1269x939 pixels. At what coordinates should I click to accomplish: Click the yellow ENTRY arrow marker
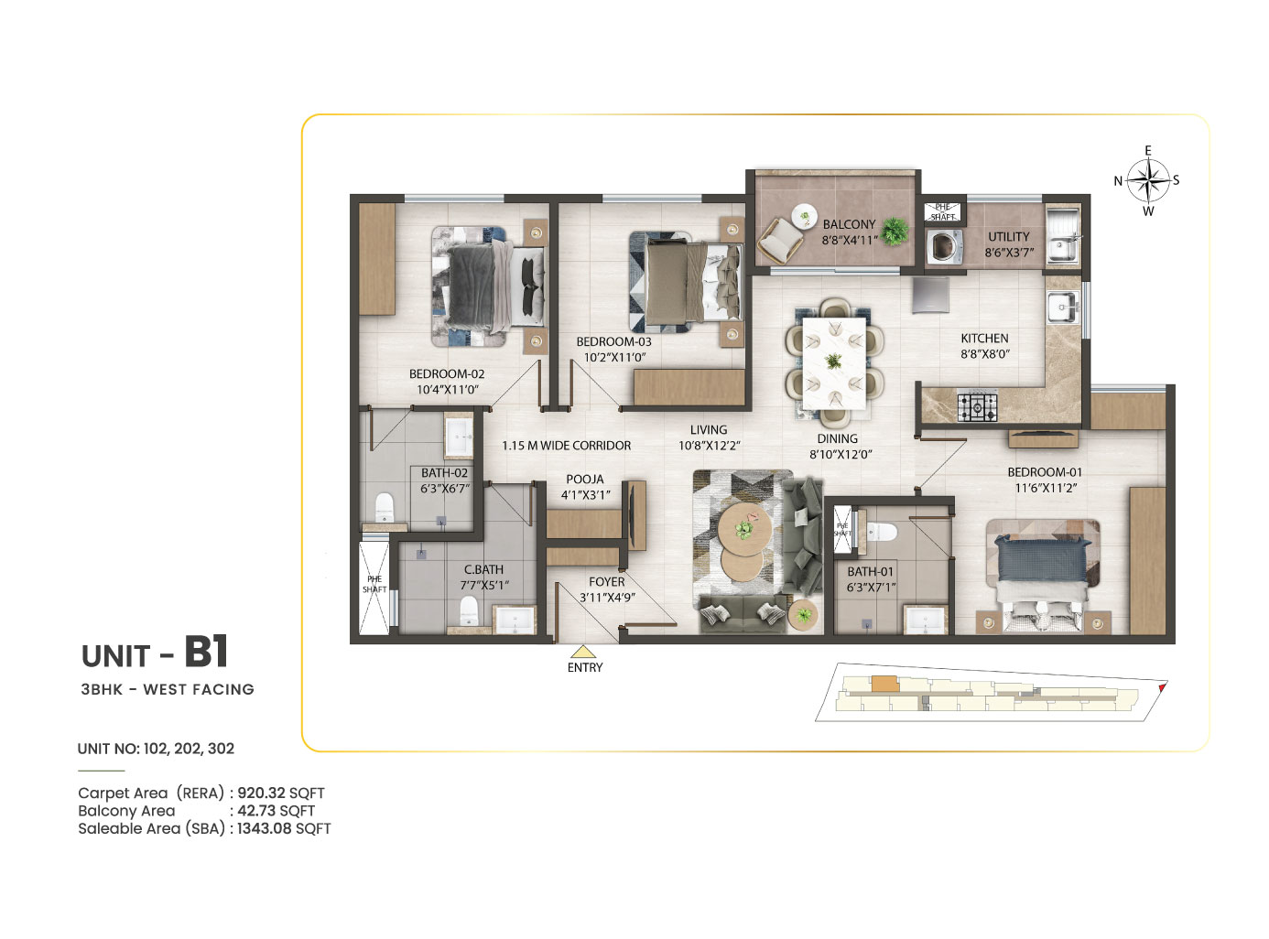click(x=583, y=652)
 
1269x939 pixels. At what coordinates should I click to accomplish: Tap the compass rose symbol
click(x=1148, y=180)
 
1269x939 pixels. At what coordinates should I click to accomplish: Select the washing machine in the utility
click(x=944, y=246)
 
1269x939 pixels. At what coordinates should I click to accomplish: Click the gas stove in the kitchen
click(x=977, y=406)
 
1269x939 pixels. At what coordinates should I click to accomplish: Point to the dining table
click(x=833, y=363)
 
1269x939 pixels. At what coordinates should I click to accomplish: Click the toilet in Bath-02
click(x=384, y=506)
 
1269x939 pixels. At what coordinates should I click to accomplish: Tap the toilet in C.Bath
click(x=468, y=610)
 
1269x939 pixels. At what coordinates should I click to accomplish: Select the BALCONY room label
click(x=849, y=225)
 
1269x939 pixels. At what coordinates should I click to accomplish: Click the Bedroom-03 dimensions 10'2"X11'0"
click(x=614, y=358)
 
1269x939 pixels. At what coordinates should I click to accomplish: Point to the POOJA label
click(x=585, y=480)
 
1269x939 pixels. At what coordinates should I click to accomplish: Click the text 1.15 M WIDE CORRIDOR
click(x=566, y=446)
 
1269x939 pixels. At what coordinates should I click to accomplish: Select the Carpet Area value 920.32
click(x=261, y=793)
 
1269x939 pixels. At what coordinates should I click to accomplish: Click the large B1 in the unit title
click(x=206, y=652)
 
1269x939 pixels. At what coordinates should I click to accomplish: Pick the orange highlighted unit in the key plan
click(x=884, y=684)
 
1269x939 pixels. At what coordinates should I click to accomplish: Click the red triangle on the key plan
click(x=1162, y=687)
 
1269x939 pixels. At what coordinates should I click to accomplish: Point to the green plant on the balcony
click(x=894, y=232)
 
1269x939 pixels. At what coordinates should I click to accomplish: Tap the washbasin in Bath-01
click(x=925, y=620)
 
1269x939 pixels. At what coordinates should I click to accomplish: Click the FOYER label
click(x=606, y=581)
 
